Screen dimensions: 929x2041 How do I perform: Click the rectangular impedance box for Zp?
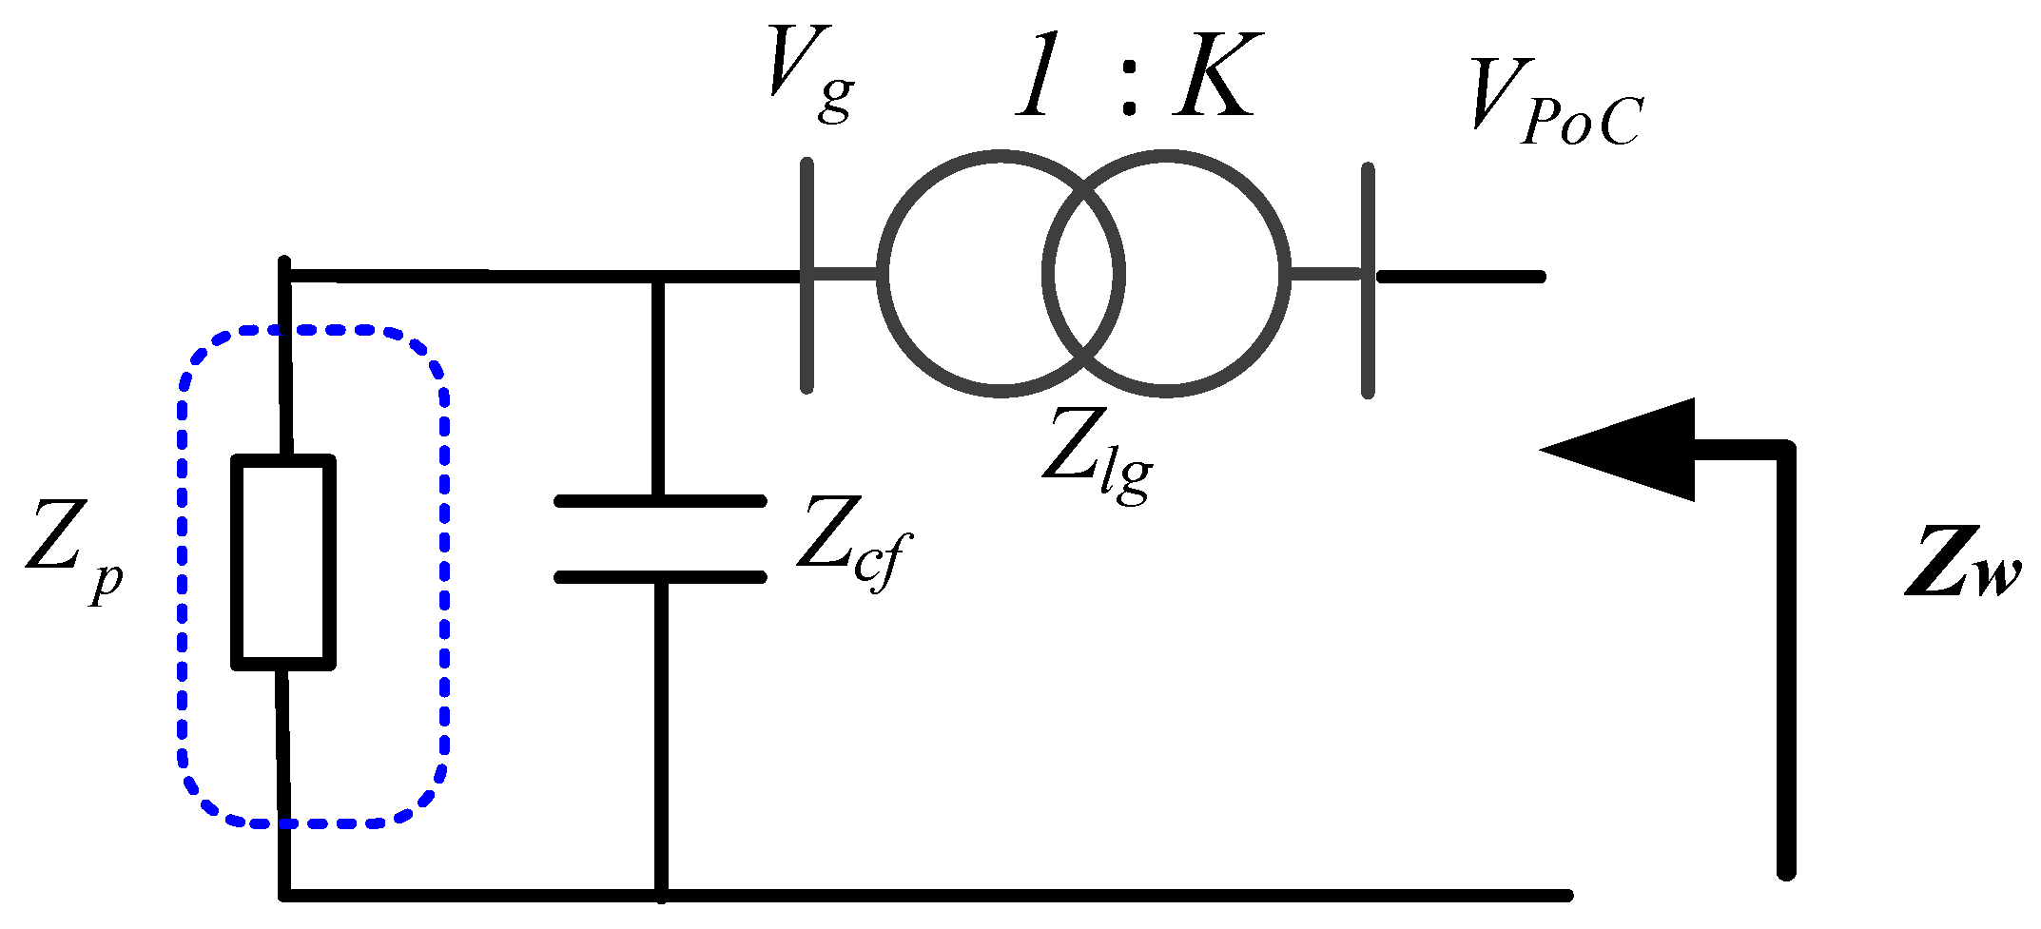click(283, 562)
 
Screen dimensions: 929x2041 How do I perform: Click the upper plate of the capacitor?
click(660, 500)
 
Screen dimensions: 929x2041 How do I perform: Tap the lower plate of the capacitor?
click(660, 576)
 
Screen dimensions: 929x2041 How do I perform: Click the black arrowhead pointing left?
click(1636, 449)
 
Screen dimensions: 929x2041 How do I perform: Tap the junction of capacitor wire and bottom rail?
click(661, 895)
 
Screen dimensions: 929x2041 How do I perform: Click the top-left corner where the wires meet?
click(285, 275)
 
